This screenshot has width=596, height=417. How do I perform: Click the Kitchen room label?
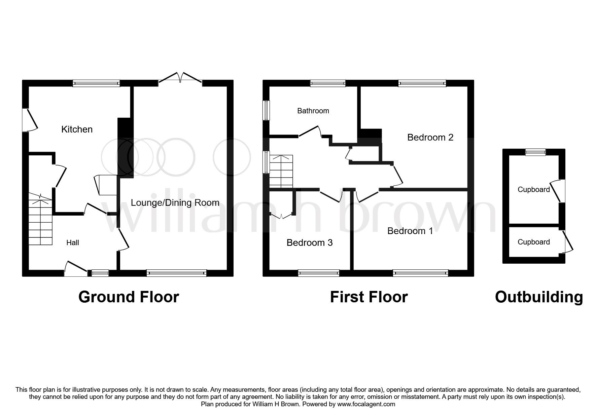(x=77, y=129)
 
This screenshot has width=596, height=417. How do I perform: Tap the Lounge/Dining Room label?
(x=175, y=203)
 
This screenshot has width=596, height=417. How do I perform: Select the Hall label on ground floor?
(x=72, y=243)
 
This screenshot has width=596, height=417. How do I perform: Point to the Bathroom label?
(x=313, y=111)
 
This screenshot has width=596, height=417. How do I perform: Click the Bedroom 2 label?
(x=430, y=138)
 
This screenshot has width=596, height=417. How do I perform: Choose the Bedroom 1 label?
(x=410, y=231)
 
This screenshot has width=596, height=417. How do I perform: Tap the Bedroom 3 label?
(x=309, y=243)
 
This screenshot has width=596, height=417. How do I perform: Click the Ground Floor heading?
(x=129, y=297)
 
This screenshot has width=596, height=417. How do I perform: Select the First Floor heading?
(x=369, y=297)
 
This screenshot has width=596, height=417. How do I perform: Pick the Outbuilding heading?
(x=539, y=297)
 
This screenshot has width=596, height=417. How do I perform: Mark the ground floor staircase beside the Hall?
(x=40, y=222)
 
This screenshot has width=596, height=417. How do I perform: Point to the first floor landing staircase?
(x=281, y=172)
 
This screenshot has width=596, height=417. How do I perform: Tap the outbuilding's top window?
(x=536, y=152)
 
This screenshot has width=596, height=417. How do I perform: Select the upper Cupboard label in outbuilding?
(x=533, y=190)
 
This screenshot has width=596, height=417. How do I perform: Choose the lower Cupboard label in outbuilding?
(x=533, y=242)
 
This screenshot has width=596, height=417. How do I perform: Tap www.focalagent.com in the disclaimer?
(x=366, y=404)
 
